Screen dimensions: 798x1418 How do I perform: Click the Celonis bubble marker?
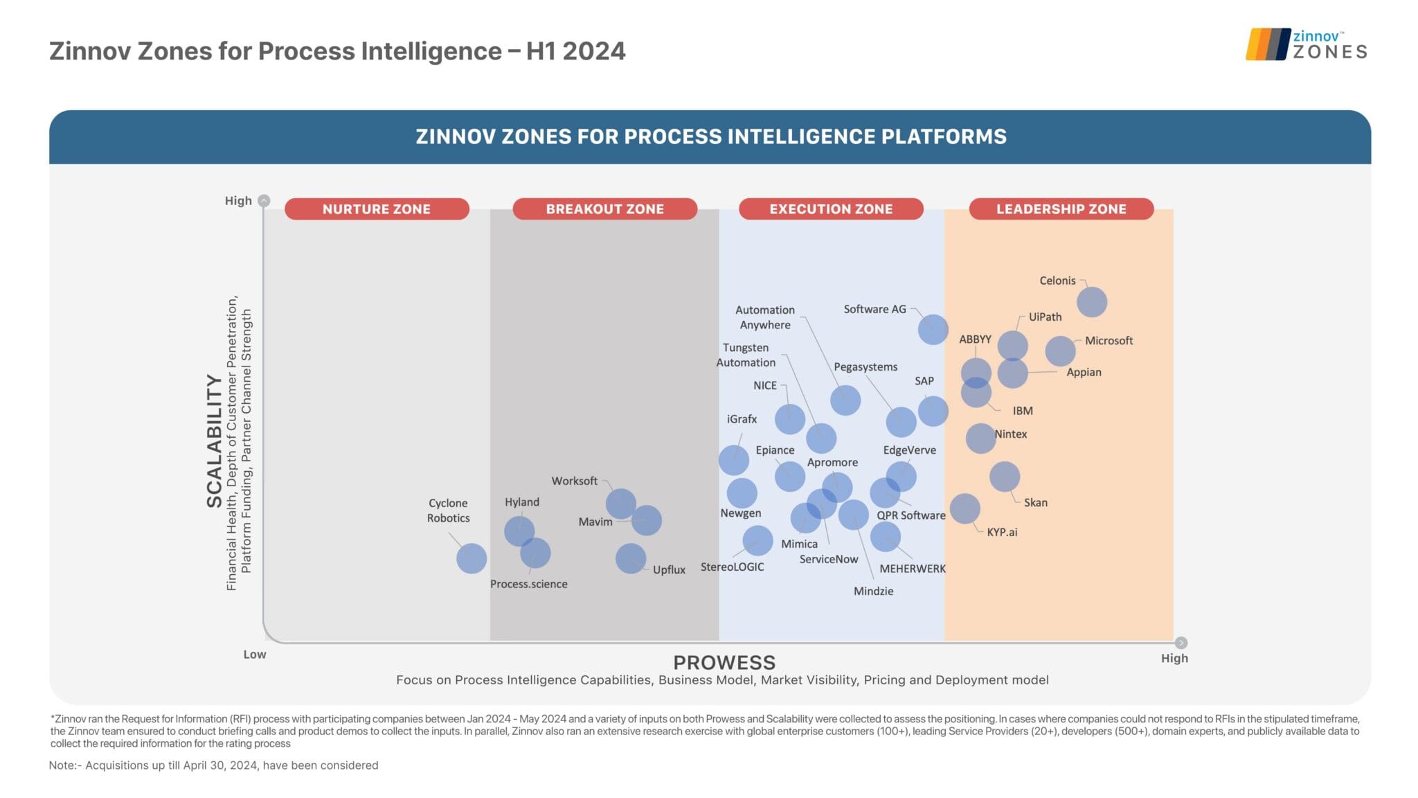click(x=1091, y=302)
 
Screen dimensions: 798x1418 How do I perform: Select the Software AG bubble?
click(x=933, y=329)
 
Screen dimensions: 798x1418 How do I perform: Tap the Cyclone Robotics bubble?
click(x=472, y=558)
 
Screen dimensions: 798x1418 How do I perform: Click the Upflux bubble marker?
click(x=630, y=558)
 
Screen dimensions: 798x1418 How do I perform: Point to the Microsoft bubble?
click(x=1059, y=351)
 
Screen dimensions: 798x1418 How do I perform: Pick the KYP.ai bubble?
click(x=964, y=508)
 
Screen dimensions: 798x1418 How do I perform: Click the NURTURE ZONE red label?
click(x=377, y=209)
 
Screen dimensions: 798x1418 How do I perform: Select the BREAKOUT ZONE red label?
click(x=604, y=209)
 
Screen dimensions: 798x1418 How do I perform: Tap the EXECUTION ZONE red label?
click(x=831, y=209)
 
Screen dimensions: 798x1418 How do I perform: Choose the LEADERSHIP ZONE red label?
click(x=1061, y=209)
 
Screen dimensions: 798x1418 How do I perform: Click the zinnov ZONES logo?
click(x=1306, y=44)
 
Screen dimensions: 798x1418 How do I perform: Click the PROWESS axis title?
click(x=724, y=662)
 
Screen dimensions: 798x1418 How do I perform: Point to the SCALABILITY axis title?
click(x=214, y=441)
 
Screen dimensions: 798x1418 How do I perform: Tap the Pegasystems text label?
click(x=865, y=366)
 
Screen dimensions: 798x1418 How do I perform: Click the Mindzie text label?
click(x=873, y=591)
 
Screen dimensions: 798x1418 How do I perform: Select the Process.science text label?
click(x=528, y=584)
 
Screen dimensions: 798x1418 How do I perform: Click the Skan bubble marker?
click(x=1004, y=477)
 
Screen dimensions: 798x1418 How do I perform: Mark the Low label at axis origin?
click(x=254, y=654)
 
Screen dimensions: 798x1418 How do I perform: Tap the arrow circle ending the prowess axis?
click(x=1181, y=643)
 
